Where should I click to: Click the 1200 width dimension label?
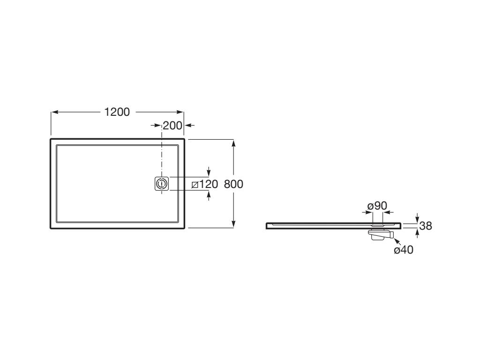(117, 112)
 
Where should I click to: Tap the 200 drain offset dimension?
(172, 126)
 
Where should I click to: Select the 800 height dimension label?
(233, 184)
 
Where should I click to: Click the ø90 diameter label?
(377, 206)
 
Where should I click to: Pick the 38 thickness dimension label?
(426, 226)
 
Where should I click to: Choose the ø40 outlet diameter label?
(404, 250)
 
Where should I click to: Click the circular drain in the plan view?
(161, 184)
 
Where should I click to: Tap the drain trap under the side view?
(381, 234)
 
